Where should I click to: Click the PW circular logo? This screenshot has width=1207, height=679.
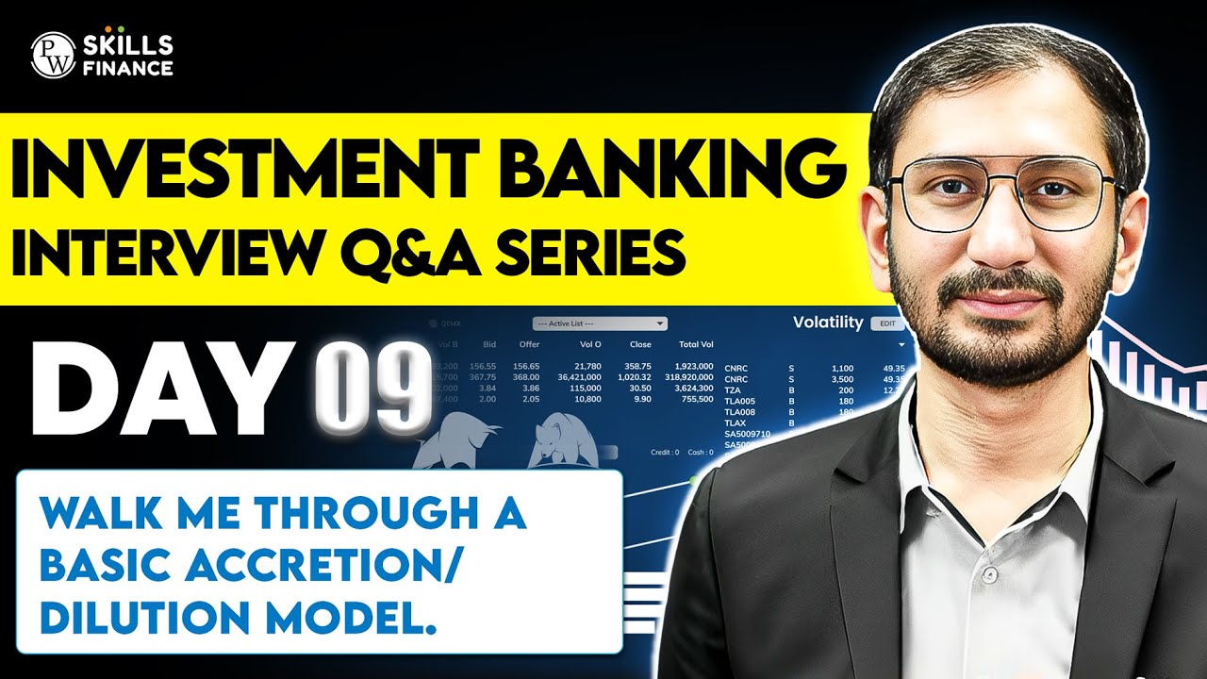coord(52,55)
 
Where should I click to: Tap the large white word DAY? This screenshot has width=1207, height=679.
coord(157,389)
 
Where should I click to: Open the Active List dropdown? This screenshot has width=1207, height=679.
coord(600,323)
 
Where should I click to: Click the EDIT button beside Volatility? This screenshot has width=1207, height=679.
coord(885,323)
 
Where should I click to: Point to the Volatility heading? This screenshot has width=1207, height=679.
coord(827,323)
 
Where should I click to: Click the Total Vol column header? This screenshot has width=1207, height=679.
coord(695,344)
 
